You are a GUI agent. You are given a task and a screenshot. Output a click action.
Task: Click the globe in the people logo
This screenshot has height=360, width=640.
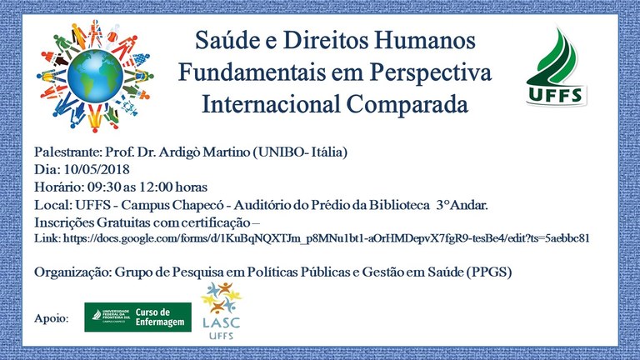[95, 76]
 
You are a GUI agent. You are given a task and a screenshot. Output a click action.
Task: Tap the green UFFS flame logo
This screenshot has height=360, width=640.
[557, 67]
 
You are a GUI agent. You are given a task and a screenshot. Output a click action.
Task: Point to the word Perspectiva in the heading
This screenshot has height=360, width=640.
[430, 72]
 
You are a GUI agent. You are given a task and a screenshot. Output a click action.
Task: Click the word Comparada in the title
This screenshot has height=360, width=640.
[407, 104]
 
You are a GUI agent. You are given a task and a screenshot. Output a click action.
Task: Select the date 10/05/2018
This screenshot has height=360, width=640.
[97, 169]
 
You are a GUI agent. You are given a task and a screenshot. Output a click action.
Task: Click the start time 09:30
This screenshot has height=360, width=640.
[104, 187]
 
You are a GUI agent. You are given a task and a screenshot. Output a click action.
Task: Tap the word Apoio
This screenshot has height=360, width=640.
[52, 319]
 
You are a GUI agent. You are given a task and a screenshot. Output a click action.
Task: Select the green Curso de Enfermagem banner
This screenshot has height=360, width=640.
[138, 317]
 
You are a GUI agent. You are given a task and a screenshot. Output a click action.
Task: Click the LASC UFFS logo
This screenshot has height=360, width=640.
[221, 311]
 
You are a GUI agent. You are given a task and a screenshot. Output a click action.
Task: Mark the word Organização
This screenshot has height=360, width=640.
[72, 272]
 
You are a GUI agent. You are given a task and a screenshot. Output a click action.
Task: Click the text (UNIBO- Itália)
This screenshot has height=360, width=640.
[300, 152]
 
